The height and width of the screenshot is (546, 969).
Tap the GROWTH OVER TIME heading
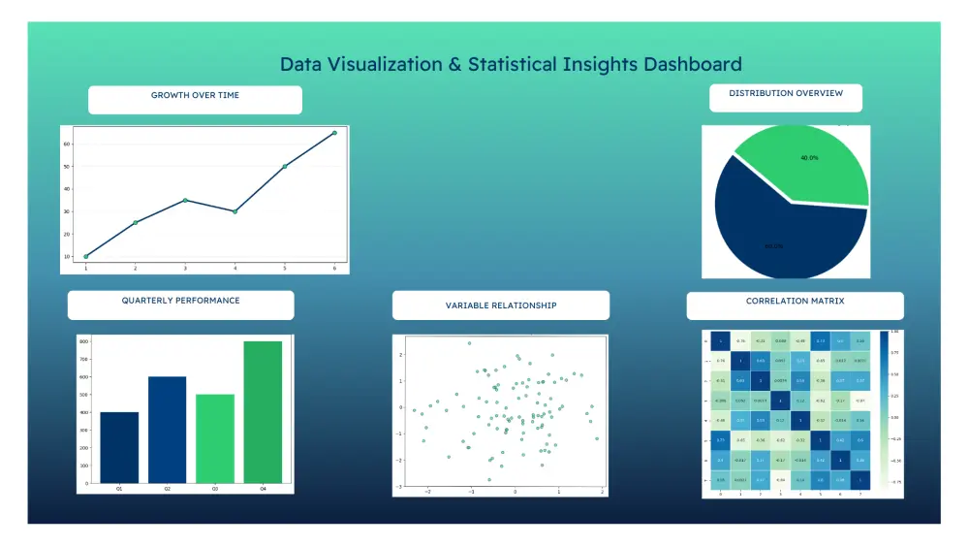195,96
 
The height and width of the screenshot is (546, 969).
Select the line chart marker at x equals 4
234,211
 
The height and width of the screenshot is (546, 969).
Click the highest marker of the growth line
334,133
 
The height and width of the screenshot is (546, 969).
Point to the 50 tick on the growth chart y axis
68,167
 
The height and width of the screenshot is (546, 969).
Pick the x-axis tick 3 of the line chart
185,268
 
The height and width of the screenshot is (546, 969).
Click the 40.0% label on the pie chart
809,157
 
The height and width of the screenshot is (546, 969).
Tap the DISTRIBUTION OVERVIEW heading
786,94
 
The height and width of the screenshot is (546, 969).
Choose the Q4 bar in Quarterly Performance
263,412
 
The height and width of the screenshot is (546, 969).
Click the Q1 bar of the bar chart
119,447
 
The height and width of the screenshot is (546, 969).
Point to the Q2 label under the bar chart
167,489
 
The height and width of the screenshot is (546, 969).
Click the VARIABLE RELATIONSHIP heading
501,305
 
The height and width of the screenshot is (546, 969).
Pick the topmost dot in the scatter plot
469,343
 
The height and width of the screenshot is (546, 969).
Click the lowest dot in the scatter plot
489,479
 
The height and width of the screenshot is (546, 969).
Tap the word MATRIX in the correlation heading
824,302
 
